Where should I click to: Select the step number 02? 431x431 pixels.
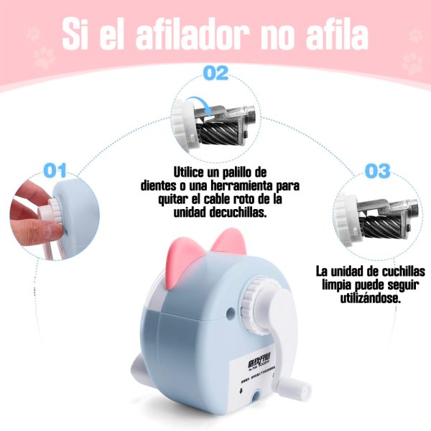pyautogui.click(x=215, y=73)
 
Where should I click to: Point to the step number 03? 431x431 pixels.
pyautogui.click(x=376, y=171)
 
